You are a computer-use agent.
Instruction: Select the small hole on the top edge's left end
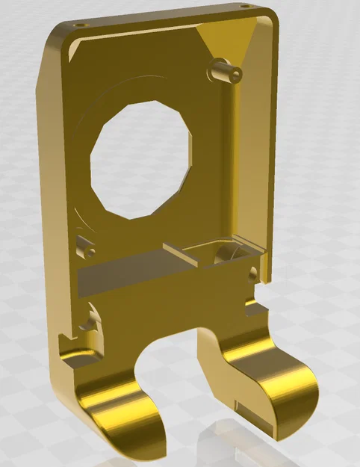click(x=78, y=24)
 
